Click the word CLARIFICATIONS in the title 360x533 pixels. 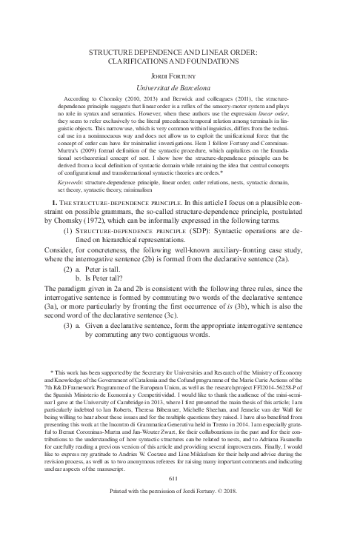pyautogui.click(x=139, y=61)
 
